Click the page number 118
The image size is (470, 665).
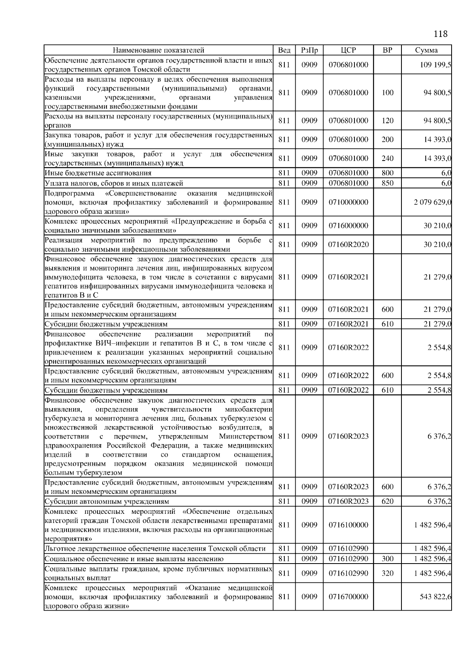click(441, 34)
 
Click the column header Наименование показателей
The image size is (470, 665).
click(158, 50)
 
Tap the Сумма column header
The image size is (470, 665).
click(426, 50)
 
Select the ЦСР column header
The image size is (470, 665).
click(348, 50)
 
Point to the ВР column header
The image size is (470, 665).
click(387, 50)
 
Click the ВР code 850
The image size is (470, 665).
click(387, 183)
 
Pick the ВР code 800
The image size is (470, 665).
click(387, 173)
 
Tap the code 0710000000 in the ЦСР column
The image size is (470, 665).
click(348, 202)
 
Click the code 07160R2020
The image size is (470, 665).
click(348, 244)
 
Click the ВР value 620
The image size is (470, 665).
click(387, 501)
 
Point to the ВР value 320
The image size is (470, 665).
click(387, 573)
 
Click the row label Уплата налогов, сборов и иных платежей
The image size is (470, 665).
click(114, 183)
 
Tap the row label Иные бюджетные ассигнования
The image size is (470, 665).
click(98, 173)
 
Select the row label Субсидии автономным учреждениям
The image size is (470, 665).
click(107, 501)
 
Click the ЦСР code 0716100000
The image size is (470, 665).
click(348, 525)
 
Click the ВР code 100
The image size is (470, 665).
click(387, 93)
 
